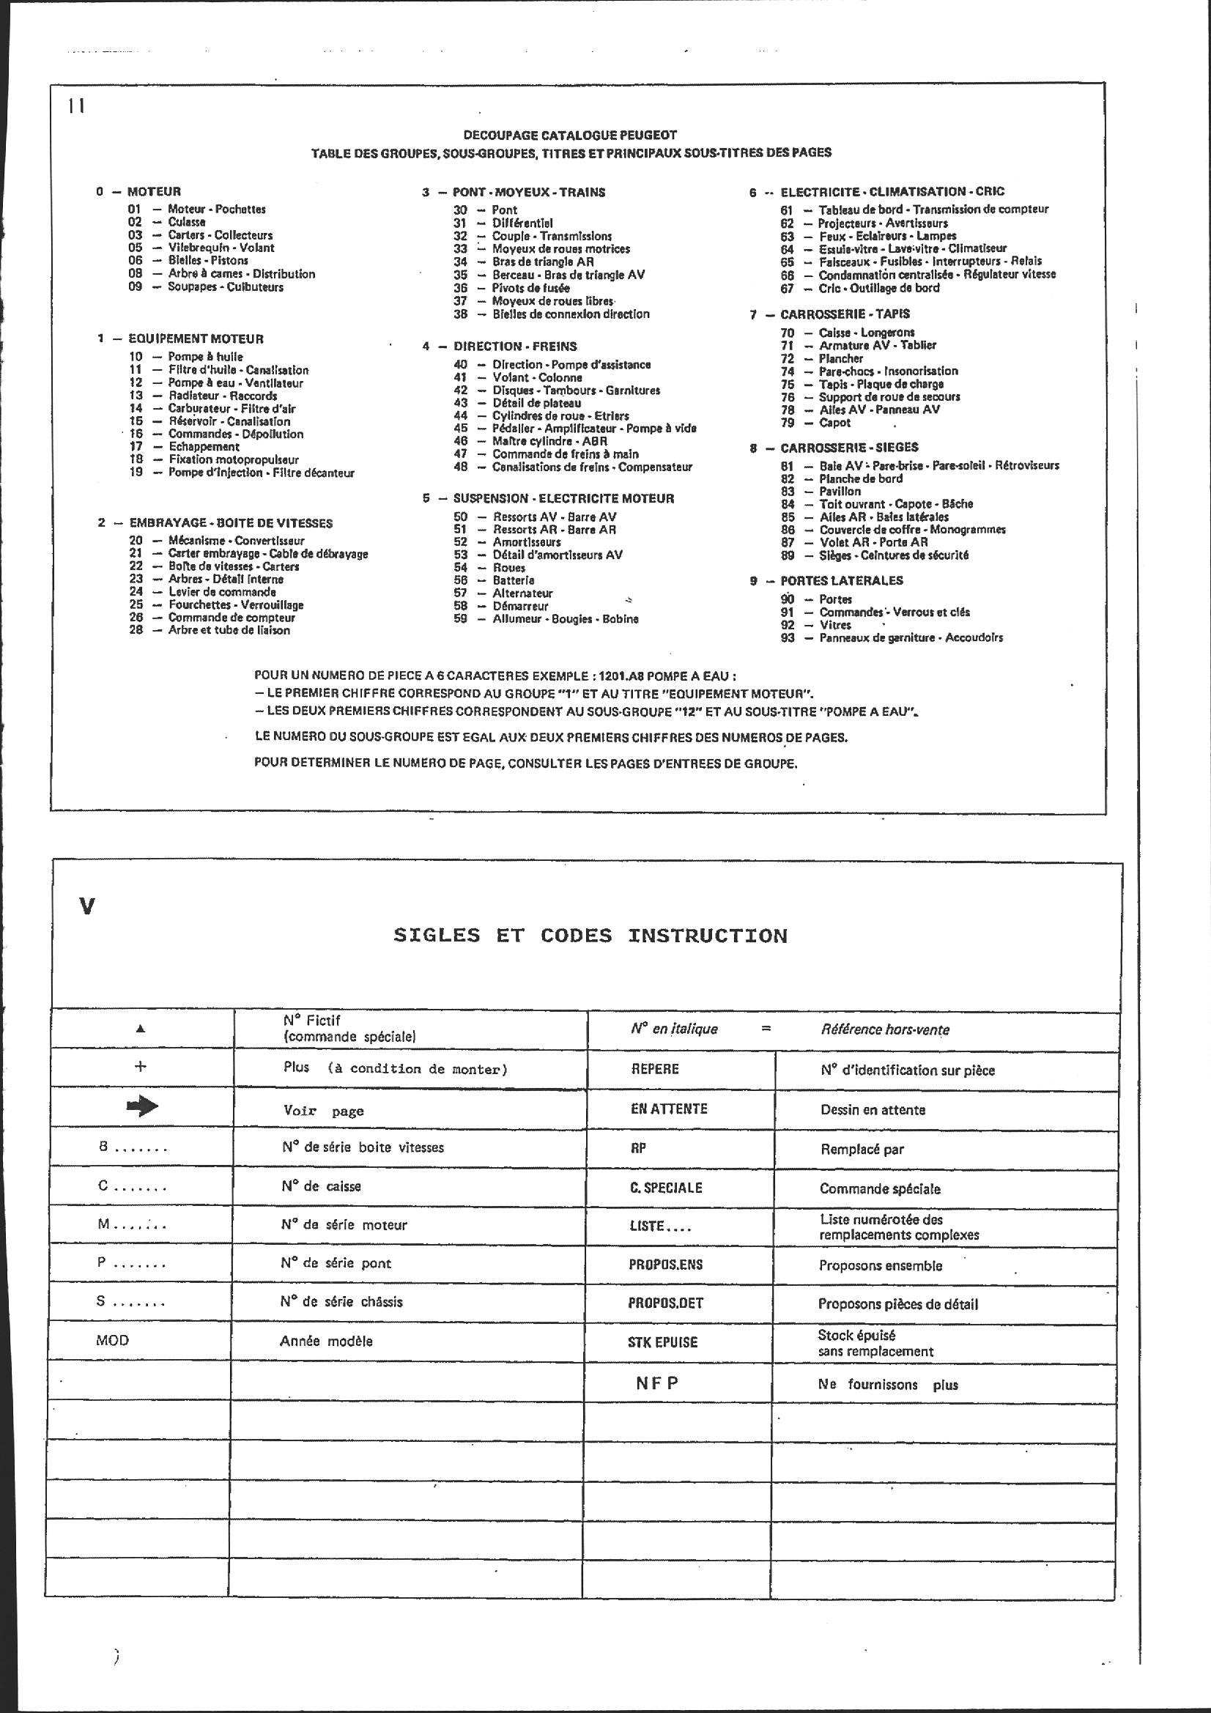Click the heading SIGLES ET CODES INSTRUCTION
[590, 936]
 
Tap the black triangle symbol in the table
[140, 1029]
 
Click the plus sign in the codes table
[139, 1066]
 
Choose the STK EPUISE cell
[662, 1342]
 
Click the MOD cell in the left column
[113, 1340]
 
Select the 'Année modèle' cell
[326, 1341]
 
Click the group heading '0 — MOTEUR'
[138, 192]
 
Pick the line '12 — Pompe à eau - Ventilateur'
[216, 382]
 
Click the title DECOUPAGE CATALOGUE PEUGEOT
[570, 135]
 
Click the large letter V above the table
[87, 906]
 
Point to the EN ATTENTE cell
[669, 1109]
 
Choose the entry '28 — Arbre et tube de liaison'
[210, 629]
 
